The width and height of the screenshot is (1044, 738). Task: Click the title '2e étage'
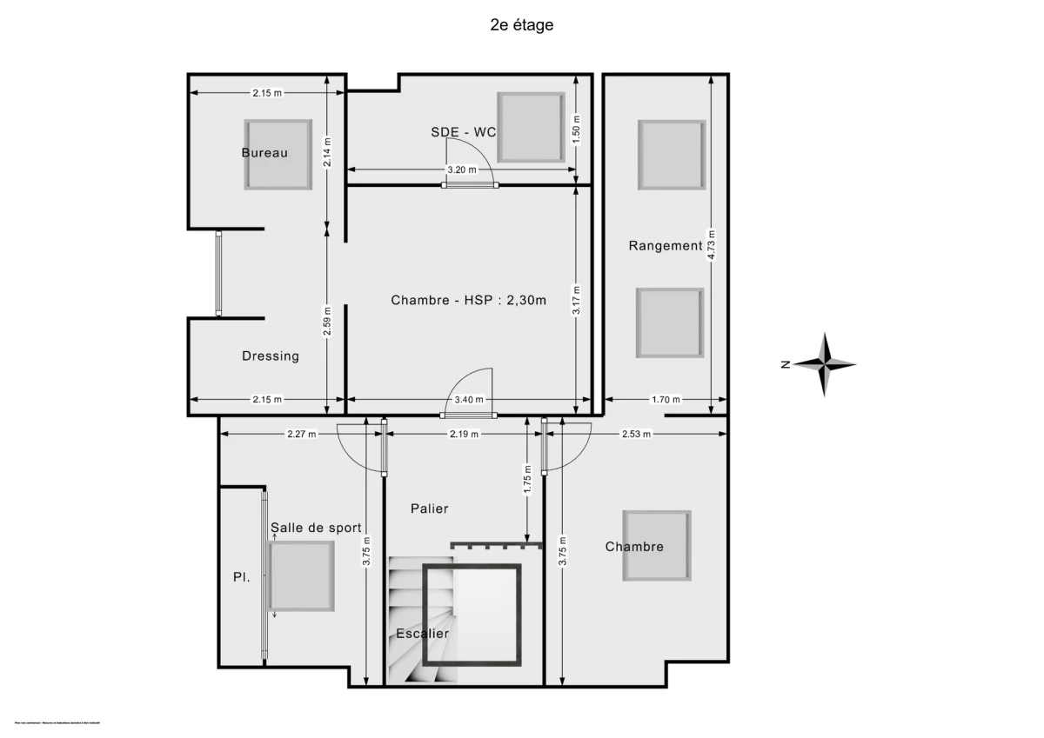point(521,25)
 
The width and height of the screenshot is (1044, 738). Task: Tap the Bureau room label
point(264,153)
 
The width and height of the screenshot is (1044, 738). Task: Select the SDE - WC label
point(463,132)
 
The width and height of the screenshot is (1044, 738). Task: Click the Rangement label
point(665,246)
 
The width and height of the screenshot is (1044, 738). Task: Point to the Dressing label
point(270,356)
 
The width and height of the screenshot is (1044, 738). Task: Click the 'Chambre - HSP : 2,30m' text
point(468,301)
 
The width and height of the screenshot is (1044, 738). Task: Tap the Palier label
point(430,509)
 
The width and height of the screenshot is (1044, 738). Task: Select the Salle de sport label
point(315,528)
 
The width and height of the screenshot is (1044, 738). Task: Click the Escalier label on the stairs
point(422,634)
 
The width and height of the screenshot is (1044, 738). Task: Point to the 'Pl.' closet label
point(241,576)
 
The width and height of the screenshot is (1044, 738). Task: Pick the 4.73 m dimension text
point(712,245)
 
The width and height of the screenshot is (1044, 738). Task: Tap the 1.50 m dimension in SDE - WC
point(576,130)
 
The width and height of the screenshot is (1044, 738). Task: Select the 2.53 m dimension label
point(636,434)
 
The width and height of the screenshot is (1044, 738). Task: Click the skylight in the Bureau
point(278,155)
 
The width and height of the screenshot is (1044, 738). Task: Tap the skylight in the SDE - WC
point(530,127)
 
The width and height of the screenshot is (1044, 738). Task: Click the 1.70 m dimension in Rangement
point(666,400)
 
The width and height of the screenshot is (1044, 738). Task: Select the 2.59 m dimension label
point(326,320)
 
